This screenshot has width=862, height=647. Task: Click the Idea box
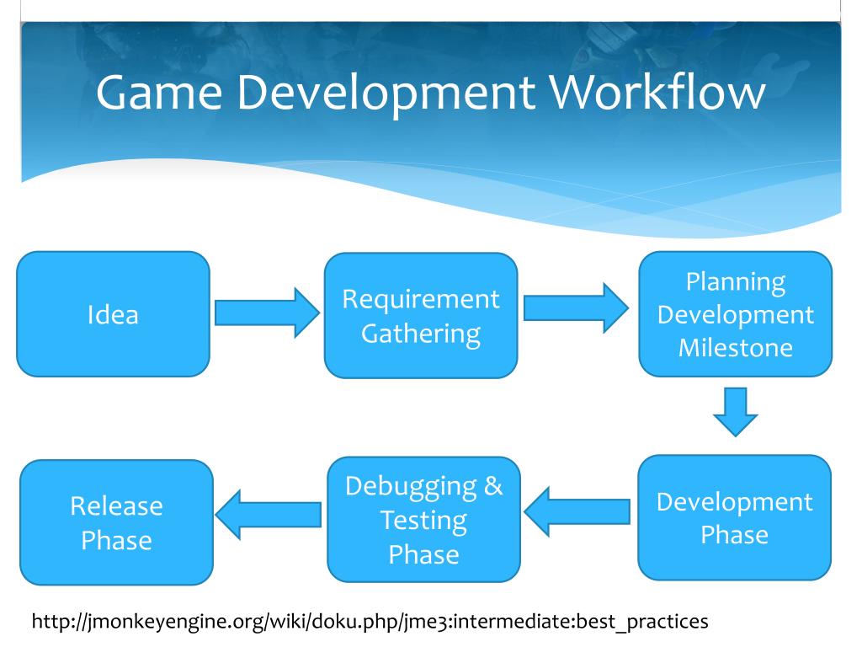[113, 314]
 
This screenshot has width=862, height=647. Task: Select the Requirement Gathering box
[421, 315]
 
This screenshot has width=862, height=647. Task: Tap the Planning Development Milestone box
[735, 313]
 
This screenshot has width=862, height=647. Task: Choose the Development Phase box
[734, 517]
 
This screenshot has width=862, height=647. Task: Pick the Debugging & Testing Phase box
[423, 520]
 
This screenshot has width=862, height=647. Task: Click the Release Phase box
[116, 522]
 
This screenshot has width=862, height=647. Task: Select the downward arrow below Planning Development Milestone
[735, 411]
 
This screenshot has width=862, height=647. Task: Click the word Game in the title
[160, 93]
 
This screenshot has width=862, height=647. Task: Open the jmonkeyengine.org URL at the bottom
[370, 622]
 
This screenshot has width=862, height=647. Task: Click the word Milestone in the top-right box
[736, 347]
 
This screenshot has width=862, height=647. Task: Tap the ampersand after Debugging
[493, 486]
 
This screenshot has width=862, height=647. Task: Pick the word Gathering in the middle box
[421, 333]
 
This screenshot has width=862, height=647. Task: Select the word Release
[116, 505]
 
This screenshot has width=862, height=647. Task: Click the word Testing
[423, 520]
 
